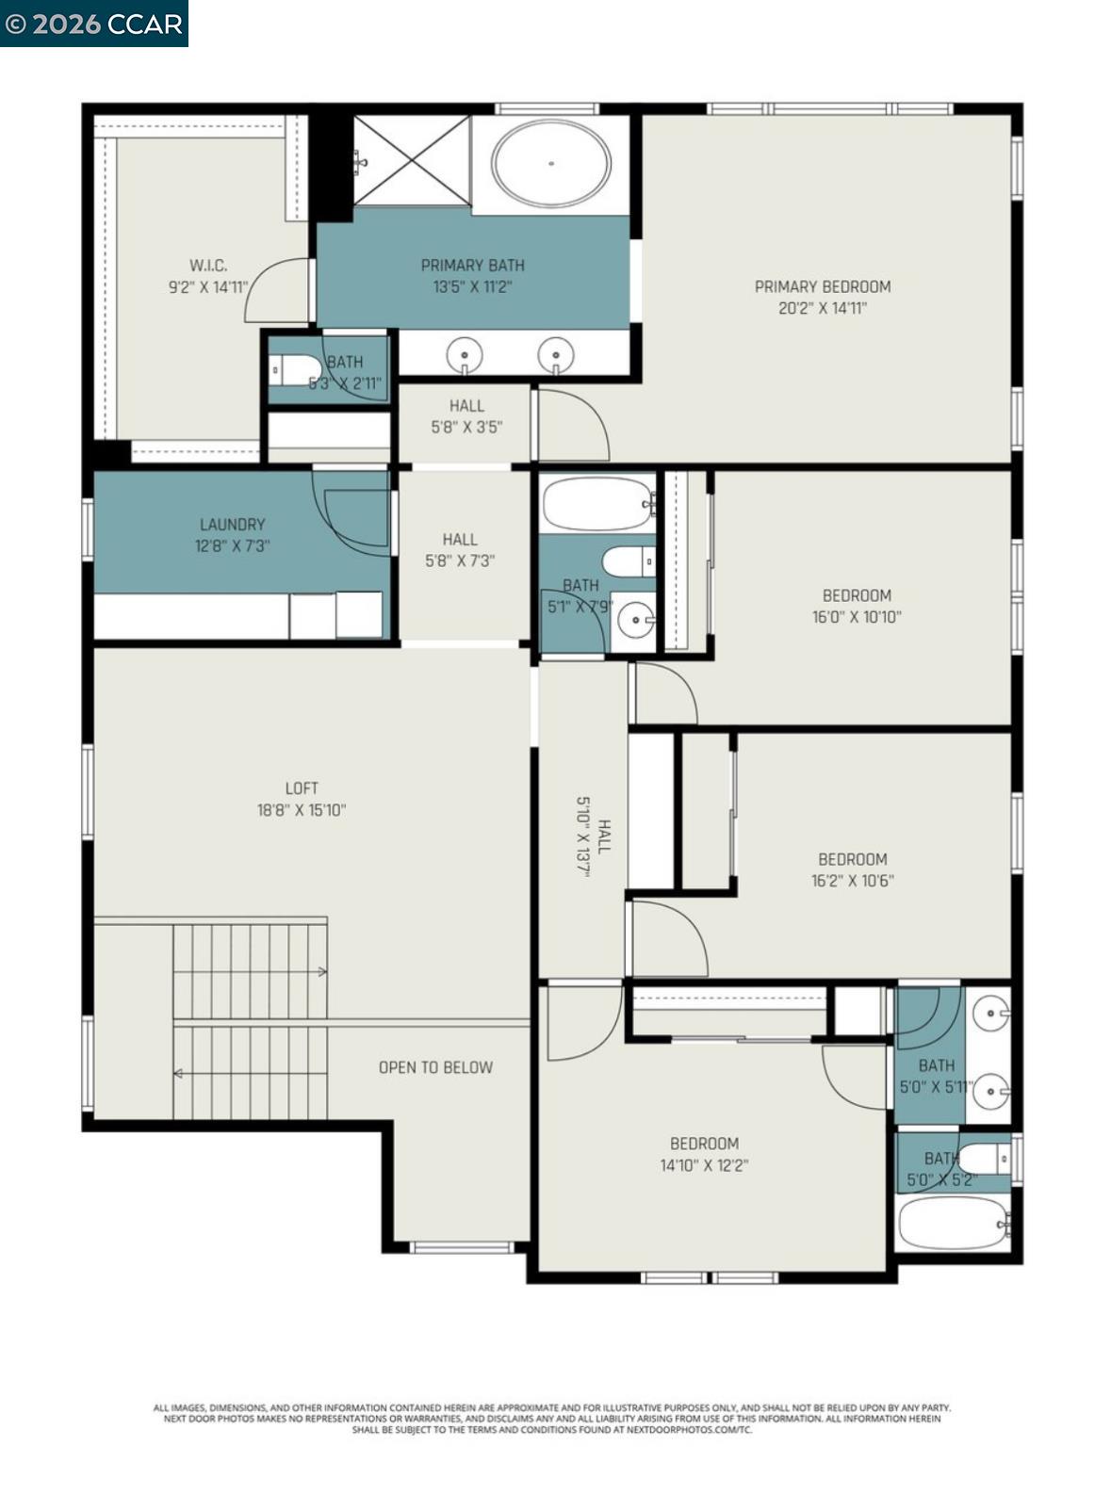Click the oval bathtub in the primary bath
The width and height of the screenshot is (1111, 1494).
(x=550, y=163)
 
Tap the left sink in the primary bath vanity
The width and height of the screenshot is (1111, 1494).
(x=465, y=355)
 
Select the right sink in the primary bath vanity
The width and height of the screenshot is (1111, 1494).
(x=556, y=355)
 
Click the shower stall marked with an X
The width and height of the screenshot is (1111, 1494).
(x=412, y=160)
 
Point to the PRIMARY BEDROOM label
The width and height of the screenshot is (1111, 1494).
(x=822, y=286)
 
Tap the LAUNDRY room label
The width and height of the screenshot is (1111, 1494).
(x=232, y=525)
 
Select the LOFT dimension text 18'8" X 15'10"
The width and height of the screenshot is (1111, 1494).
(x=302, y=809)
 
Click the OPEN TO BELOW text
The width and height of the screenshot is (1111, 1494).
(x=435, y=1067)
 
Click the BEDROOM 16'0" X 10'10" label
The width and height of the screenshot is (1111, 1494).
(x=857, y=606)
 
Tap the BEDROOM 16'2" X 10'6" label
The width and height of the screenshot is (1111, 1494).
(x=852, y=869)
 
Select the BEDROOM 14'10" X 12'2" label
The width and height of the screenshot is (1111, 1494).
(x=704, y=1154)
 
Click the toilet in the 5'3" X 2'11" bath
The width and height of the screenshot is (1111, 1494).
(x=295, y=370)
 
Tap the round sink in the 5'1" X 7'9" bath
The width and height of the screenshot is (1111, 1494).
(x=637, y=620)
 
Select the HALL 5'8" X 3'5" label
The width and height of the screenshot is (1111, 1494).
(x=466, y=416)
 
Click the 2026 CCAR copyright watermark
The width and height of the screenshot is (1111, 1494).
(x=93, y=23)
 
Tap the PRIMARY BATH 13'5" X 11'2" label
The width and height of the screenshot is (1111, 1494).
(x=472, y=276)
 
